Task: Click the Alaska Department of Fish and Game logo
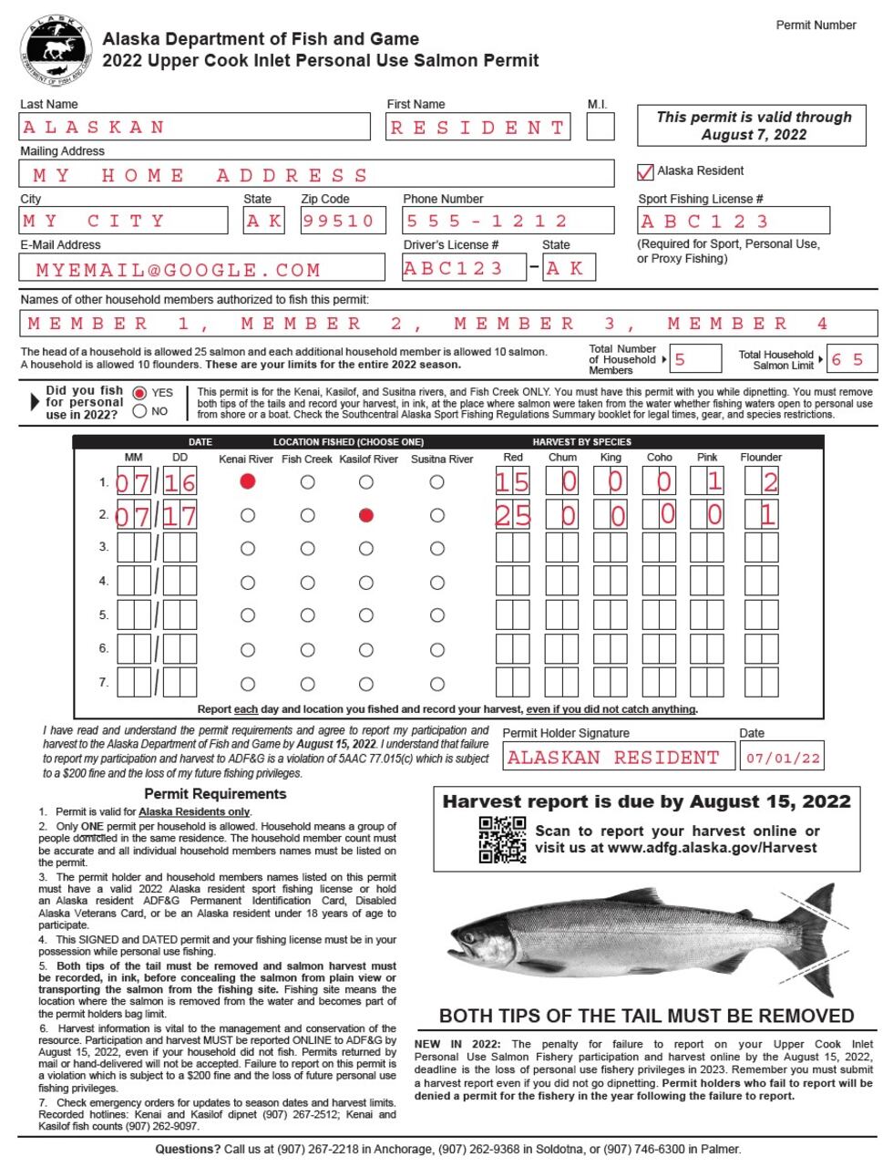(56, 49)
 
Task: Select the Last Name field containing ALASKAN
(195, 128)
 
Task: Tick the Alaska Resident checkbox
(645, 171)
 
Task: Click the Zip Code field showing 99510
(339, 222)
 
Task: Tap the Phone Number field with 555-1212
(508, 222)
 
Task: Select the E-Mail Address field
(201, 269)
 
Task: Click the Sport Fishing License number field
(734, 222)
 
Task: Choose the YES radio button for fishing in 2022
(139, 393)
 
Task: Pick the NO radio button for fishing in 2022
(139, 411)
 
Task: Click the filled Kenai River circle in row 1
(247, 481)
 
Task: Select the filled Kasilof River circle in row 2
(366, 515)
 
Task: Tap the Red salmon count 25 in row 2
(512, 516)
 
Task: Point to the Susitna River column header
(442, 459)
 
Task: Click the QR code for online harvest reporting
(502, 840)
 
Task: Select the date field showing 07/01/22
(783, 758)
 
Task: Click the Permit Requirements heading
(215, 794)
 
